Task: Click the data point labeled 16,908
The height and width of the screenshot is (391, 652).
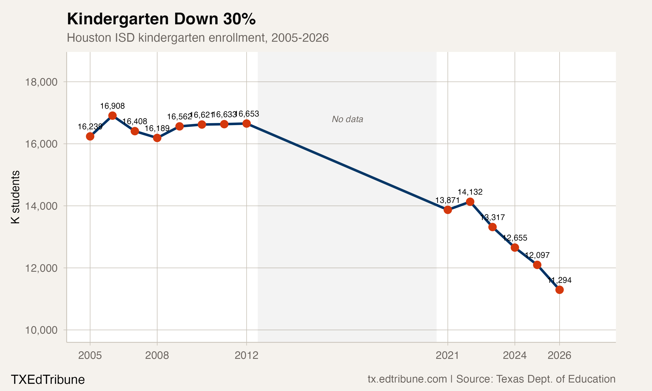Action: tap(113, 116)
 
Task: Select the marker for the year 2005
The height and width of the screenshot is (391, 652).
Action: tap(90, 136)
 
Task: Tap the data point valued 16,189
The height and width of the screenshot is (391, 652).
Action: tap(157, 138)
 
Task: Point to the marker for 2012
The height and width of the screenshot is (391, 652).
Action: tap(246, 124)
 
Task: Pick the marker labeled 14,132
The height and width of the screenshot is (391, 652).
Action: tap(470, 202)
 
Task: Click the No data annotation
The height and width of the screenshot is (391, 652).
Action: tap(347, 119)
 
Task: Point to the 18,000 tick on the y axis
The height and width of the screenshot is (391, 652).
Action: tap(41, 82)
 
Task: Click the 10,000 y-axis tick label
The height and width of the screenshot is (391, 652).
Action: tap(41, 330)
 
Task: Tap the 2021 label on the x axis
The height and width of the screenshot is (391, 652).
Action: tap(447, 355)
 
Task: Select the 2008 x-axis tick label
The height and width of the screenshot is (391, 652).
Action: tap(157, 355)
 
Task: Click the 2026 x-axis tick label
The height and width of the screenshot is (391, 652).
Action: tap(559, 355)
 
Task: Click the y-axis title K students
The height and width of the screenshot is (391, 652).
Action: tap(15, 197)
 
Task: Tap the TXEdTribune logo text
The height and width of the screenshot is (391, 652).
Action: tap(48, 380)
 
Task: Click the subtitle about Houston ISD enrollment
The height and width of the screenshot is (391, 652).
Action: tap(198, 38)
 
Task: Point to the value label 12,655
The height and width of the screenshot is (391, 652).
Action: tap(515, 238)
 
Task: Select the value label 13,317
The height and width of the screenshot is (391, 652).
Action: tap(492, 217)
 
